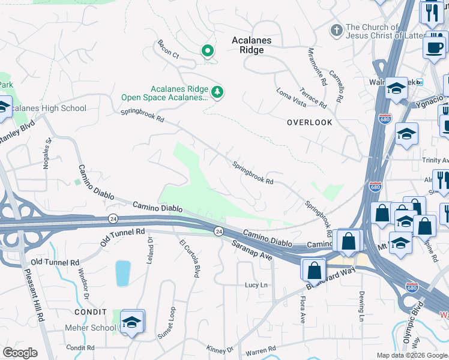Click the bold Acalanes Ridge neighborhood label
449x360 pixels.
coord(252,45)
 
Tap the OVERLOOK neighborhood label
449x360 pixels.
coord(309,122)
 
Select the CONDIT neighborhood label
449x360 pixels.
coord(90,313)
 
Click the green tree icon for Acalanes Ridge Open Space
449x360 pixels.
coord(217,92)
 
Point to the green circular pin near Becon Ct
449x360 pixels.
coord(208,51)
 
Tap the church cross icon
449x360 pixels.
coord(337,29)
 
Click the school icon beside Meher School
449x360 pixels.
coord(131,322)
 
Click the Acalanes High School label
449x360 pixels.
coord(49,109)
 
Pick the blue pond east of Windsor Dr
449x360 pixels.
coord(122,273)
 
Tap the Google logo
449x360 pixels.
coord(20,353)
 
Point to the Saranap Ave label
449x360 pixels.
coord(253,250)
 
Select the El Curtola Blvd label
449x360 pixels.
coord(188,258)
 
